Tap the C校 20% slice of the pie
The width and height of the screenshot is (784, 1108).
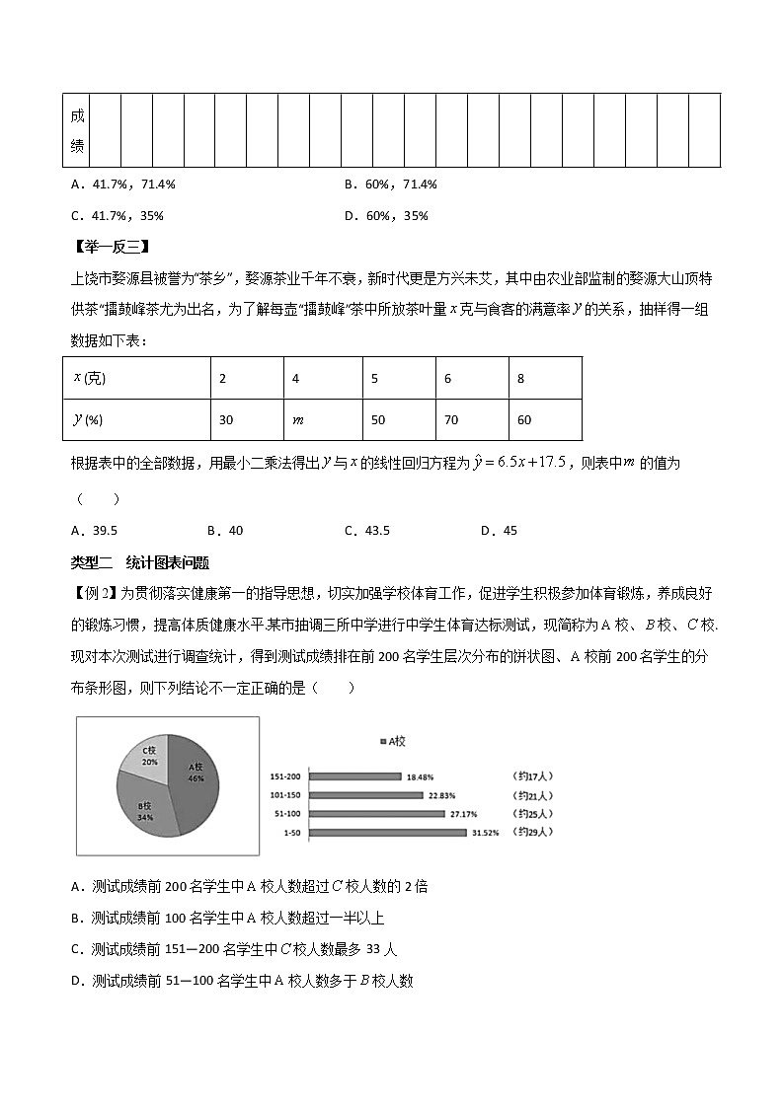coord(149,756)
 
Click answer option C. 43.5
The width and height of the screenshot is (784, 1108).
coord(367,531)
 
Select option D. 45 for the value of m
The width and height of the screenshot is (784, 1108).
coord(499,531)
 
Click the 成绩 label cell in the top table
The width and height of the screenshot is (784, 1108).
coord(77,131)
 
